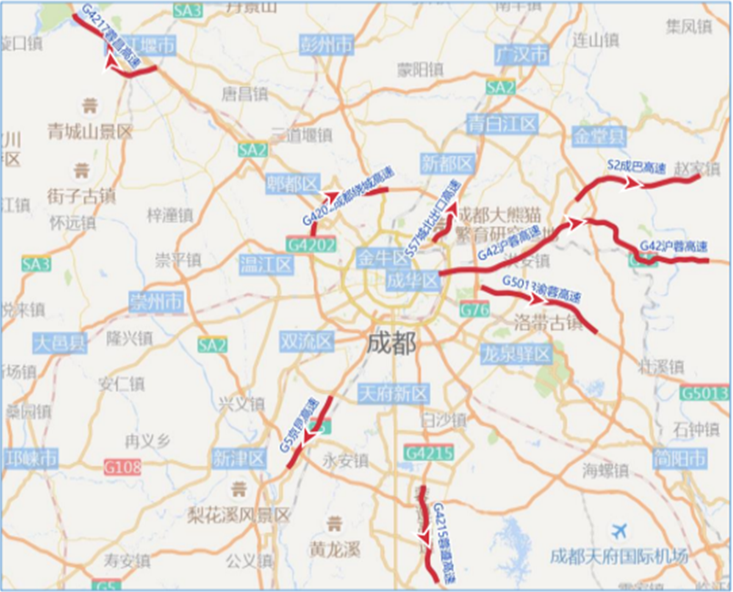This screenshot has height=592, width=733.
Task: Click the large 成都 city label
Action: click(391, 344)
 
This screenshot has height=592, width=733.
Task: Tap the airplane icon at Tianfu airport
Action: click(621, 530)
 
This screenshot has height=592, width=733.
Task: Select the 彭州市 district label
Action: click(327, 45)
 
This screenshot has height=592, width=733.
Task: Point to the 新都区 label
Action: click(447, 164)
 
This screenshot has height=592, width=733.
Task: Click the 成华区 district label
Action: click(413, 279)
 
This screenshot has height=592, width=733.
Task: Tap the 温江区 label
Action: click(266, 265)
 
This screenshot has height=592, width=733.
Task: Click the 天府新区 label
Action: click(393, 394)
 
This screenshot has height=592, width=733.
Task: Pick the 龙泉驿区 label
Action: click(516, 353)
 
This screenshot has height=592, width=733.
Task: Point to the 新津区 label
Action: click(238, 458)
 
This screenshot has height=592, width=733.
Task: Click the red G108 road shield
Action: click(123, 467)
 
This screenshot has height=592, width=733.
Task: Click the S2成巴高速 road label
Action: click(637, 167)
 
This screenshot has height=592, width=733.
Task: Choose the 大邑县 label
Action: click(59, 344)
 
